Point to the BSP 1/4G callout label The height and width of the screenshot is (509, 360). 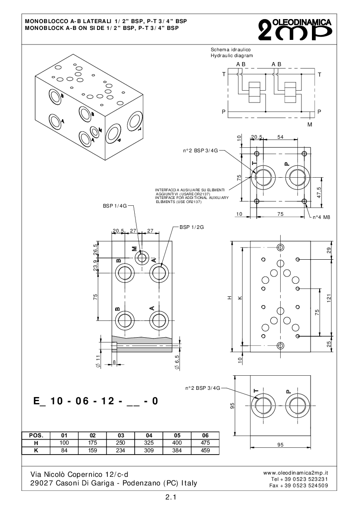click(x=115, y=206)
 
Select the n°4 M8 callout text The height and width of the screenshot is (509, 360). click(x=321, y=217)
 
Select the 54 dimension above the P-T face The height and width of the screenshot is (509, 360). click(x=280, y=137)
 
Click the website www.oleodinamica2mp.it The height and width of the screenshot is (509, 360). click(x=295, y=472)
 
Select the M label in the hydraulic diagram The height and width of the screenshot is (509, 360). click(x=310, y=124)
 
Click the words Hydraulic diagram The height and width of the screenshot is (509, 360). click(x=232, y=55)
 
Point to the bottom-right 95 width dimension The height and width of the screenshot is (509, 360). click(x=280, y=445)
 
